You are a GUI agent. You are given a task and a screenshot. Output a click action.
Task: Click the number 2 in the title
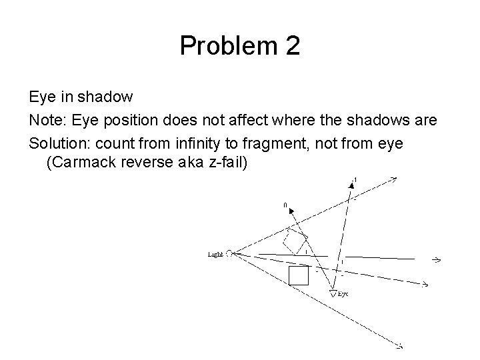tap(292, 46)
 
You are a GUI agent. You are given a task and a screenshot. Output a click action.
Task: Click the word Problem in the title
tap(227, 46)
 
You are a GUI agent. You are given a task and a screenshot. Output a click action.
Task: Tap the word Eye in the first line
tap(41, 97)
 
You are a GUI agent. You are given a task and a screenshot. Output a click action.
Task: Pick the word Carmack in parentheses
tap(83, 162)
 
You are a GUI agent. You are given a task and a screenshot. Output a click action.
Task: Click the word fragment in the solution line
tap(294, 143)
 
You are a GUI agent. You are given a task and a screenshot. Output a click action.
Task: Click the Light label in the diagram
tap(215, 254)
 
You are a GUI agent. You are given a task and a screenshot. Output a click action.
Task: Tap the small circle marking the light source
tap(229, 253)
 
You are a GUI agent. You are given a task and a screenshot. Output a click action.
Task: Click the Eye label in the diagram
tap(343, 293)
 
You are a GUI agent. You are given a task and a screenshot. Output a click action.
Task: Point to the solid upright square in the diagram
tap(298, 275)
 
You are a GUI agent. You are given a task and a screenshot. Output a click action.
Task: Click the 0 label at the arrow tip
tap(285, 206)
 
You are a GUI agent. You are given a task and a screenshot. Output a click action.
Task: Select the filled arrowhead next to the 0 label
tap(291, 213)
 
